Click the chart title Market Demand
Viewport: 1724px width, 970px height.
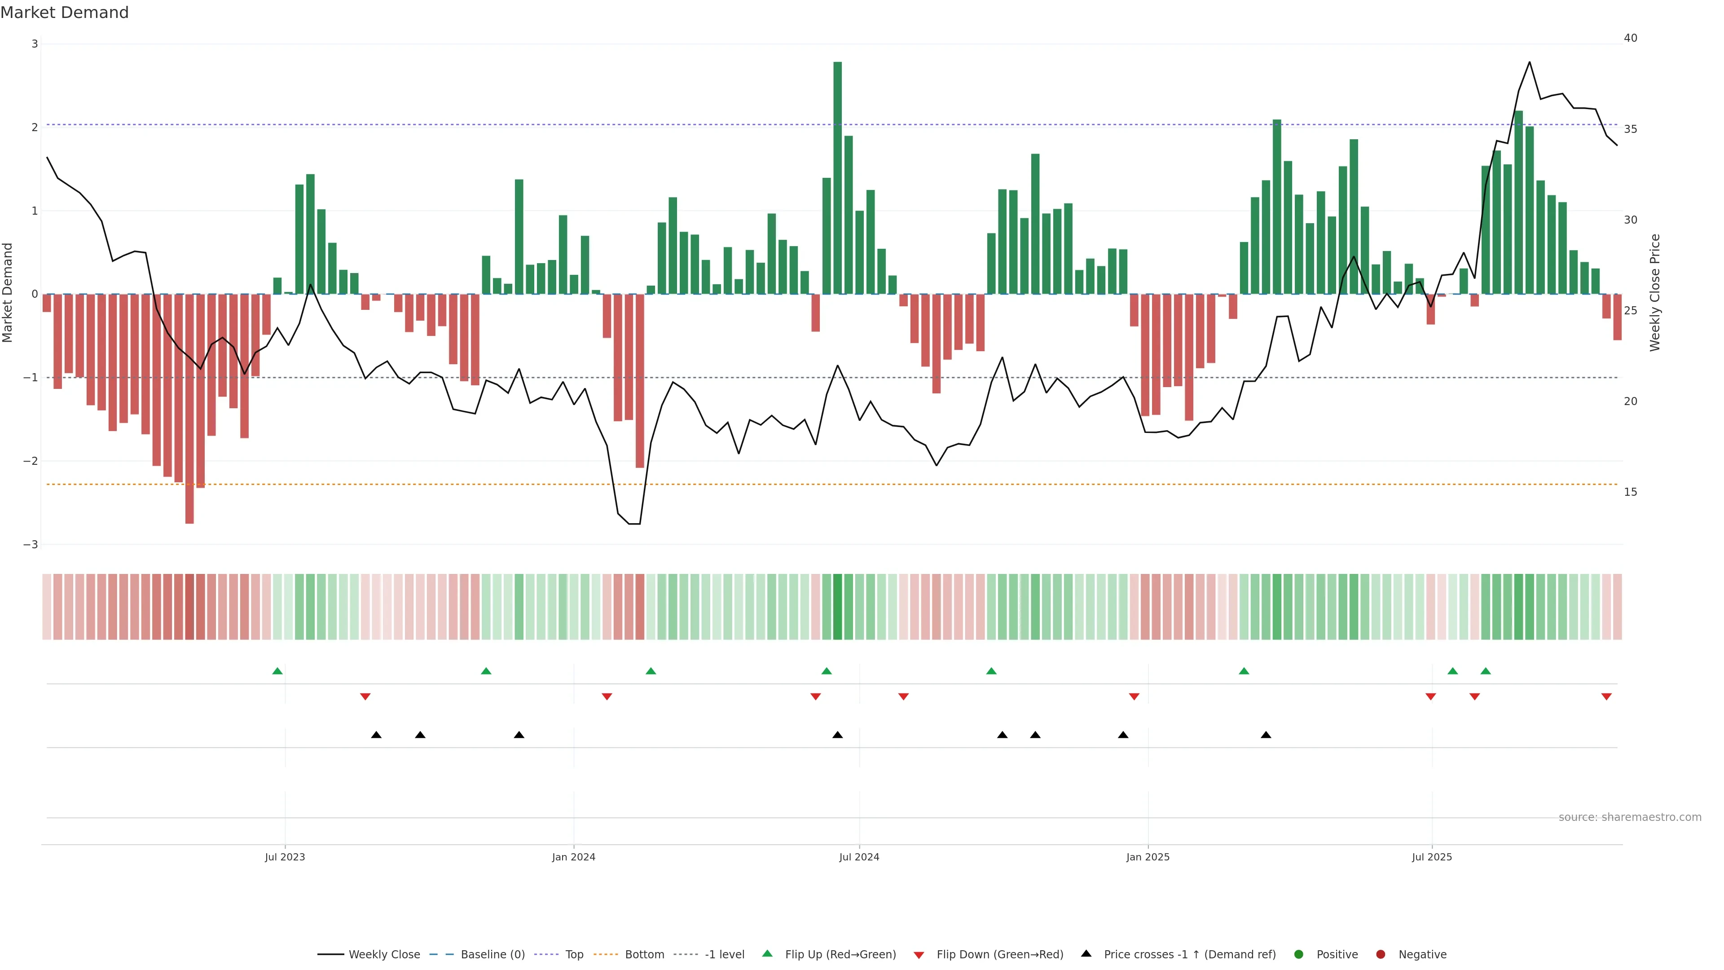(x=64, y=13)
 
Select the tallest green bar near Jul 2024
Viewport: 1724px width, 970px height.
(x=837, y=177)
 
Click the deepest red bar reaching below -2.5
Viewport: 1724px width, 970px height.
(x=189, y=408)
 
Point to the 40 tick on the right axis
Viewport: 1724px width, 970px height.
(x=1630, y=38)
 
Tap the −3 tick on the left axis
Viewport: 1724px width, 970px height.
(x=30, y=544)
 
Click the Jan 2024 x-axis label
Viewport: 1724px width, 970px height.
(x=574, y=857)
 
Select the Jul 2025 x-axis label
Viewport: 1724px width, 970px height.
(x=1432, y=857)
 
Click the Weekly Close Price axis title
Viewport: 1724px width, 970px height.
(x=1655, y=292)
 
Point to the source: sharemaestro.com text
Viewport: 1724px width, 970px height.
(x=1630, y=817)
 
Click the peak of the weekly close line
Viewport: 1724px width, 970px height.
(x=1529, y=62)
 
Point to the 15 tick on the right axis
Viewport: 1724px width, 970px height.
(x=1630, y=492)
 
